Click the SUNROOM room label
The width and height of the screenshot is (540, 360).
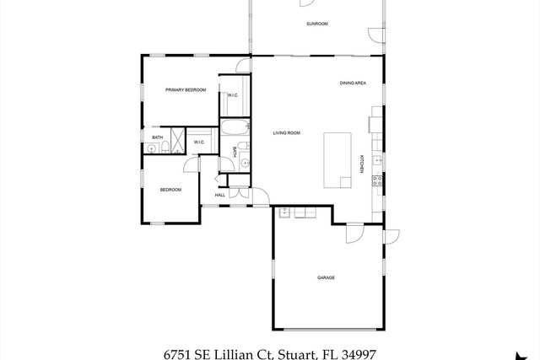tap(316, 24)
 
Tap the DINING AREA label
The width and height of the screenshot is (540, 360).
tap(352, 83)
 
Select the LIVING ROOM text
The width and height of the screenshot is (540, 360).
tap(287, 133)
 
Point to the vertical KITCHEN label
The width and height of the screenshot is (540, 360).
tap(362, 164)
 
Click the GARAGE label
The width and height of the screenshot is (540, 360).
tap(327, 277)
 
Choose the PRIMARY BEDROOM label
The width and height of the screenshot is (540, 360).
tap(186, 89)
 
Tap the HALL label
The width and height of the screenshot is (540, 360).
tap(219, 195)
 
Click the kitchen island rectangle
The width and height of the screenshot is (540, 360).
tap(338, 159)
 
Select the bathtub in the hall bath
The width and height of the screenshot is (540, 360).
tap(235, 129)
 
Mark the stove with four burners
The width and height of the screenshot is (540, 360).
tap(377, 182)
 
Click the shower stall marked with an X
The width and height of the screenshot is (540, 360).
tap(179, 138)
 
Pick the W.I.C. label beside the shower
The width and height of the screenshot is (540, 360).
tap(199, 142)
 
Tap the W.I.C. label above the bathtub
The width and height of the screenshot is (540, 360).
tap(233, 95)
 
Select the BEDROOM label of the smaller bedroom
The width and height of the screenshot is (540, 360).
tap(171, 190)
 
